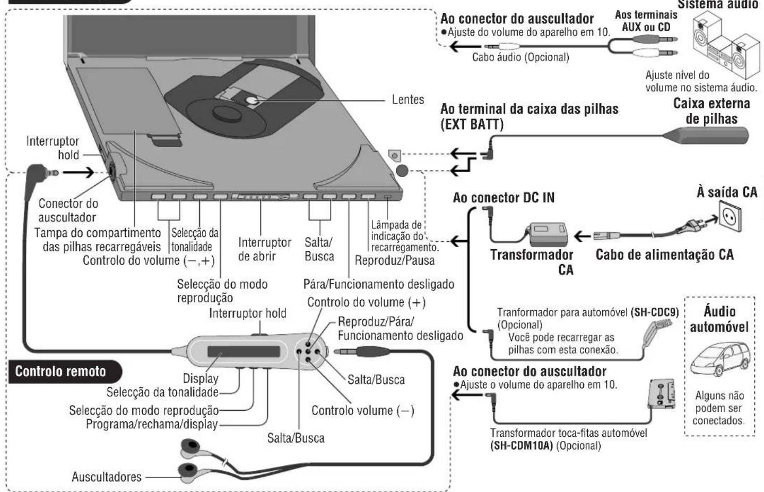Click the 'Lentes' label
tap(407, 99)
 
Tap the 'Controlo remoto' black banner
tap(60, 371)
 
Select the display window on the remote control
tap(244, 352)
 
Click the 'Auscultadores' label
tap(107, 477)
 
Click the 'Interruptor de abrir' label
tap(264, 249)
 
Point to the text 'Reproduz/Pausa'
tap(394, 260)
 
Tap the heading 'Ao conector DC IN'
tap(503, 198)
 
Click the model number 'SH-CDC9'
tap(654, 312)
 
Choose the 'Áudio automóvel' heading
tap(719, 319)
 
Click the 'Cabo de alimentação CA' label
tap(664, 255)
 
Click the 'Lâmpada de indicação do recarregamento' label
tap(404, 236)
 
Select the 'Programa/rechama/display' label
tap(152, 424)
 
